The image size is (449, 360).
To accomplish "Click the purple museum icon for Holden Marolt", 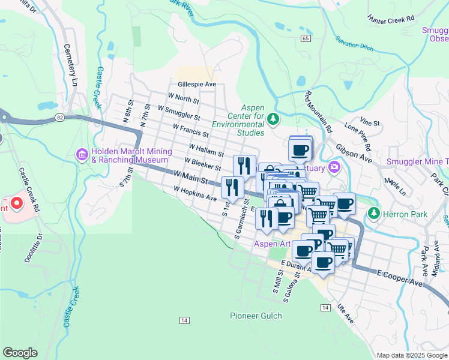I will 83,155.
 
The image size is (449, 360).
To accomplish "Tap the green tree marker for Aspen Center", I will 274,119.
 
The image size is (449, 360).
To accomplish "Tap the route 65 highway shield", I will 306,38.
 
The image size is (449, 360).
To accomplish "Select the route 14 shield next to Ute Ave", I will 325,307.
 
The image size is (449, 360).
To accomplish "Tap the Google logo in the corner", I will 20,353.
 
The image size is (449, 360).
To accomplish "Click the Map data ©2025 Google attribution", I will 411,355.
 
